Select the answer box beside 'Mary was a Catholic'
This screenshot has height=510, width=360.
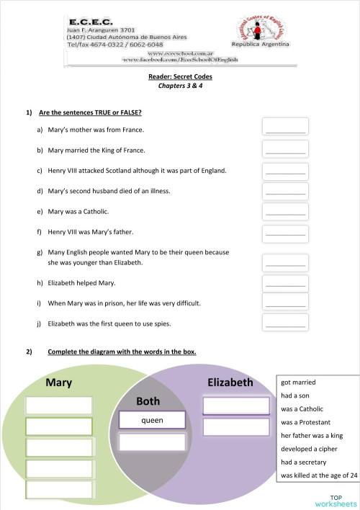click(x=285, y=212)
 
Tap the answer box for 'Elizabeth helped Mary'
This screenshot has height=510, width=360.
click(x=285, y=282)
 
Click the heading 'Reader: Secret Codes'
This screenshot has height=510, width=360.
click(x=180, y=76)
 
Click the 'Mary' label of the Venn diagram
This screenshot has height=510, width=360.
click(x=59, y=382)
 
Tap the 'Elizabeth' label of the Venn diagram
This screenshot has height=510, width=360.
click(x=230, y=382)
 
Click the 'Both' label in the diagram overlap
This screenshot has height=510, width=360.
click(x=148, y=401)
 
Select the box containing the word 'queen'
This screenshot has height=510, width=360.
click(x=152, y=420)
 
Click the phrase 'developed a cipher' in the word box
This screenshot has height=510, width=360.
click(x=309, y=449)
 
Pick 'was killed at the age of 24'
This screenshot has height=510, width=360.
click(x=319, y=475)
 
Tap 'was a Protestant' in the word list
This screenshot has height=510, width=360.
click(x=307, y=422)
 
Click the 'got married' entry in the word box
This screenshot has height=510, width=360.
click(x=299, y=382)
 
